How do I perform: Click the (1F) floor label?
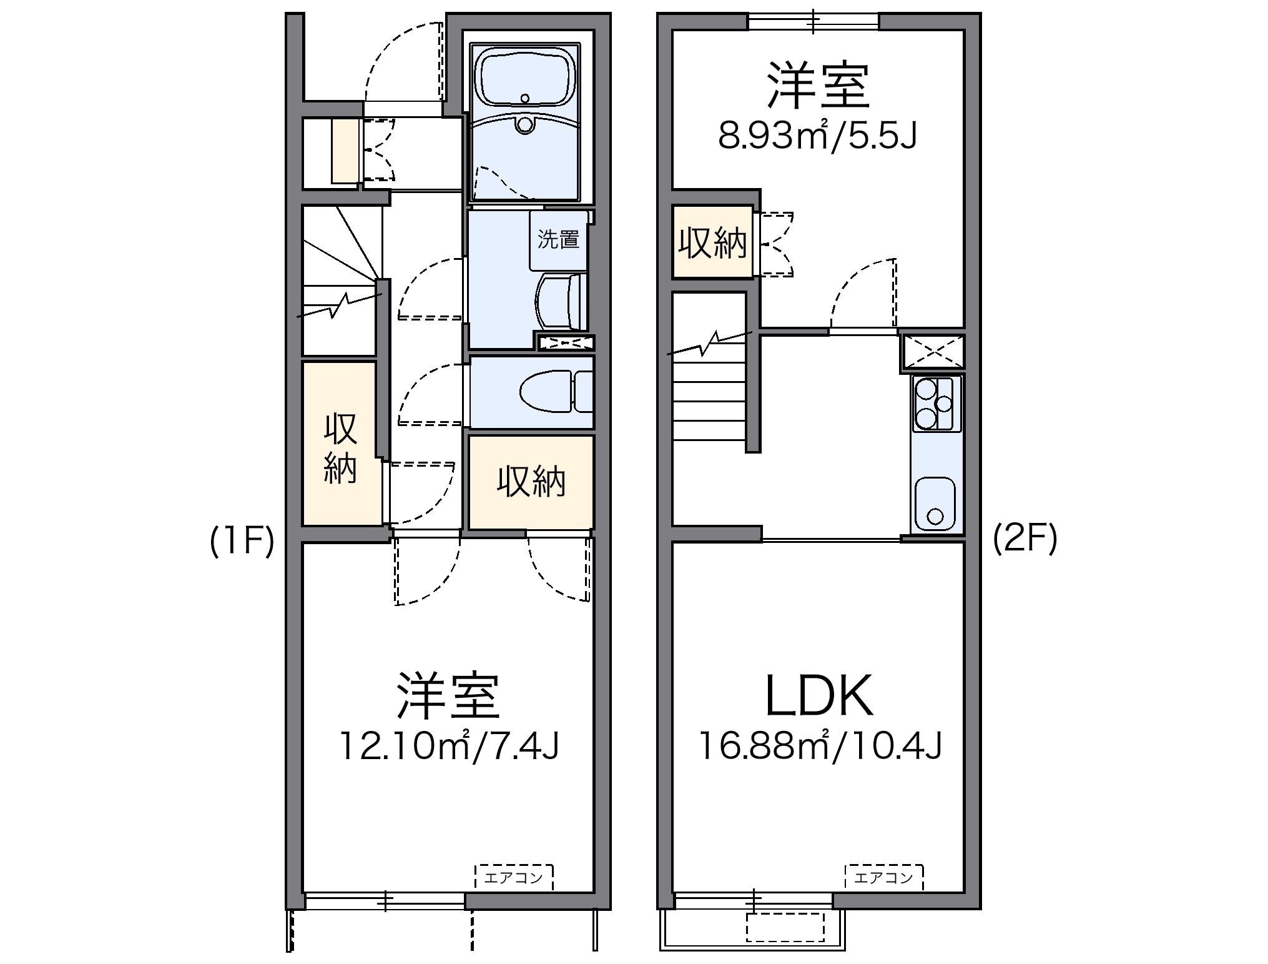coord(242,541)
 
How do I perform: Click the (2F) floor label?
coord(1025,538)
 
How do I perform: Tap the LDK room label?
coord(818,695)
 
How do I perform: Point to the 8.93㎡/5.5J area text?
coord(817,136)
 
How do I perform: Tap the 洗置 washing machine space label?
coord(558,239)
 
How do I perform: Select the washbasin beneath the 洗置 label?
coord(560,302)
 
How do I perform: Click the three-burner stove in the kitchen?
coord(936,404)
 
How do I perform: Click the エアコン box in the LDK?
coord(884,878)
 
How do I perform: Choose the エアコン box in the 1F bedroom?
coord(514,878)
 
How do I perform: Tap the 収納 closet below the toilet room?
coord(531,482)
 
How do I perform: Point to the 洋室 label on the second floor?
coord(818,86)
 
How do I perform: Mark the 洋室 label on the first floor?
coord(448,695)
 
